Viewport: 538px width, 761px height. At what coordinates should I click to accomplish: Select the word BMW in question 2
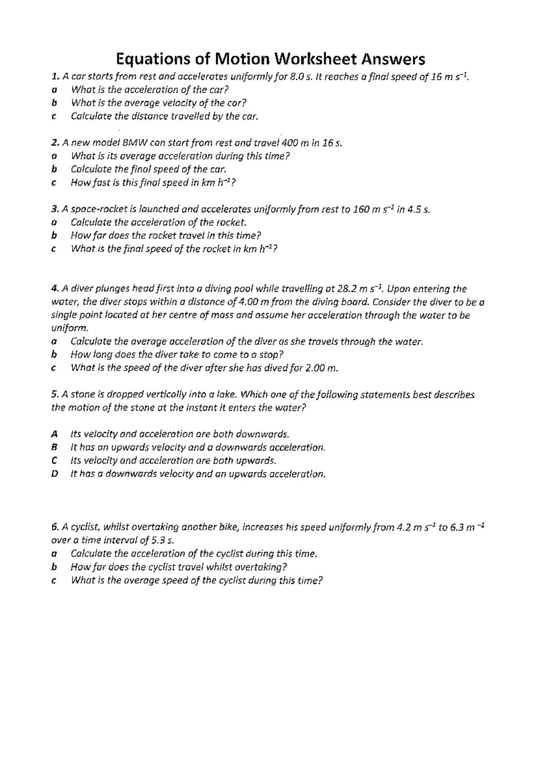coord(134,143)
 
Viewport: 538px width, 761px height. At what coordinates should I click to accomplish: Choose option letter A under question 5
coord(54,434)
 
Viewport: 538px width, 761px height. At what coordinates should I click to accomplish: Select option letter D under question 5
coord(55,474)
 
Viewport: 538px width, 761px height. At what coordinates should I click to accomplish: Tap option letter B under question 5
coord(54,447)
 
